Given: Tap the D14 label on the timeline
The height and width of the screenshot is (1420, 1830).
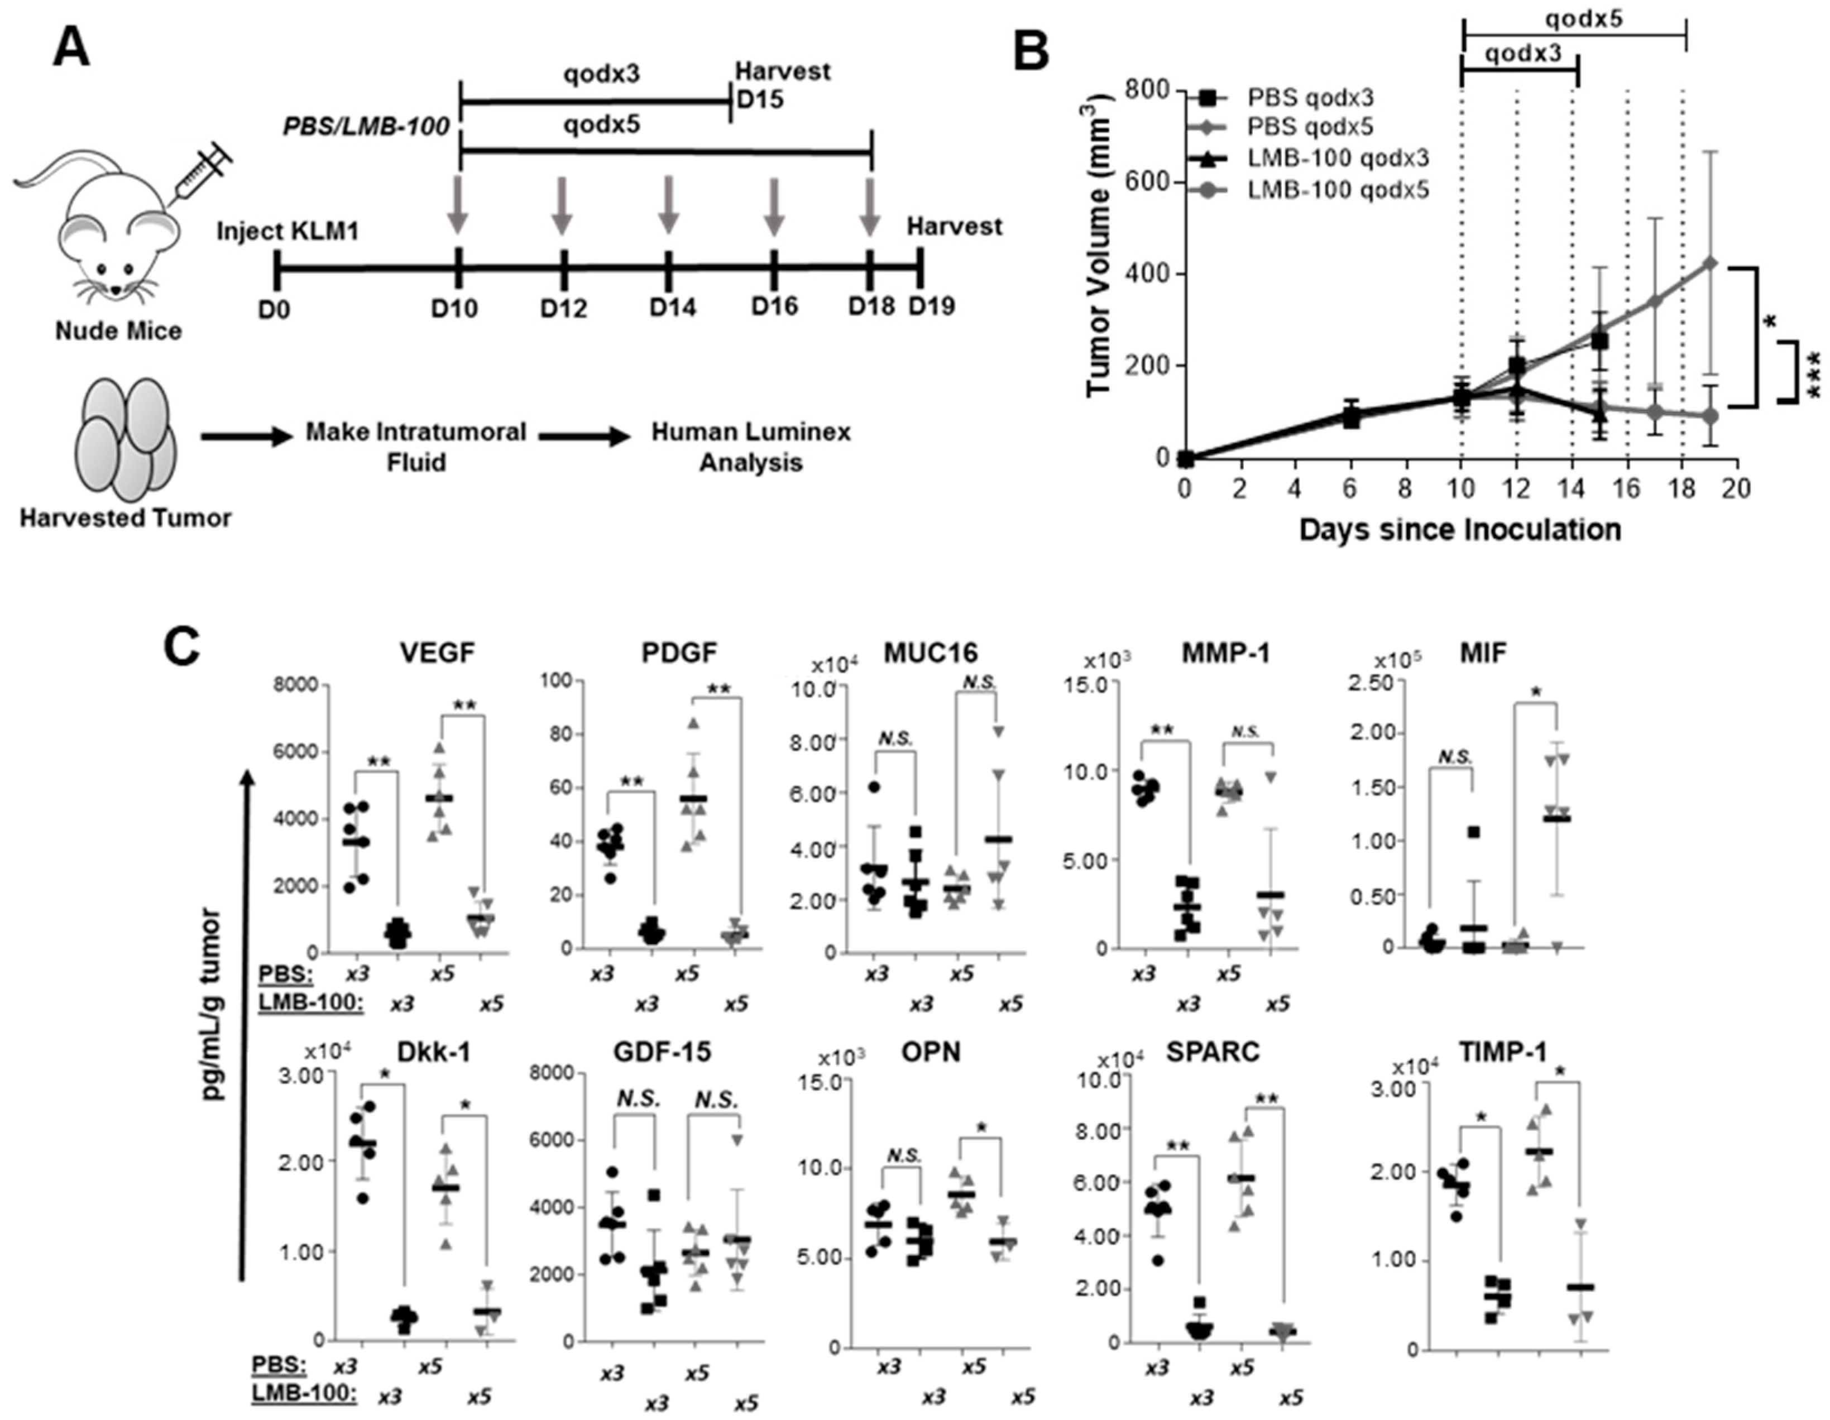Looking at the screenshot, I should [x=673, y=308].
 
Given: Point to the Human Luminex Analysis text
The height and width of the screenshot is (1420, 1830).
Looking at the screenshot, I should [x=751, y=447].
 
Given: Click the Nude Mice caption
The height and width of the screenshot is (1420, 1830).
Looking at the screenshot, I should [x=118, y=332].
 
